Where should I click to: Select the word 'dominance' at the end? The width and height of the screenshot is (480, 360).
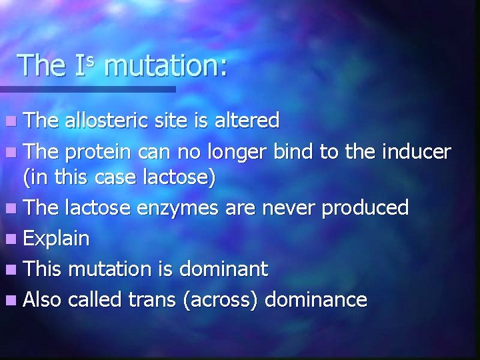point(315,299)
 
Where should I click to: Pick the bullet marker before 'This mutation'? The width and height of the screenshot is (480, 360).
point(12,270)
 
